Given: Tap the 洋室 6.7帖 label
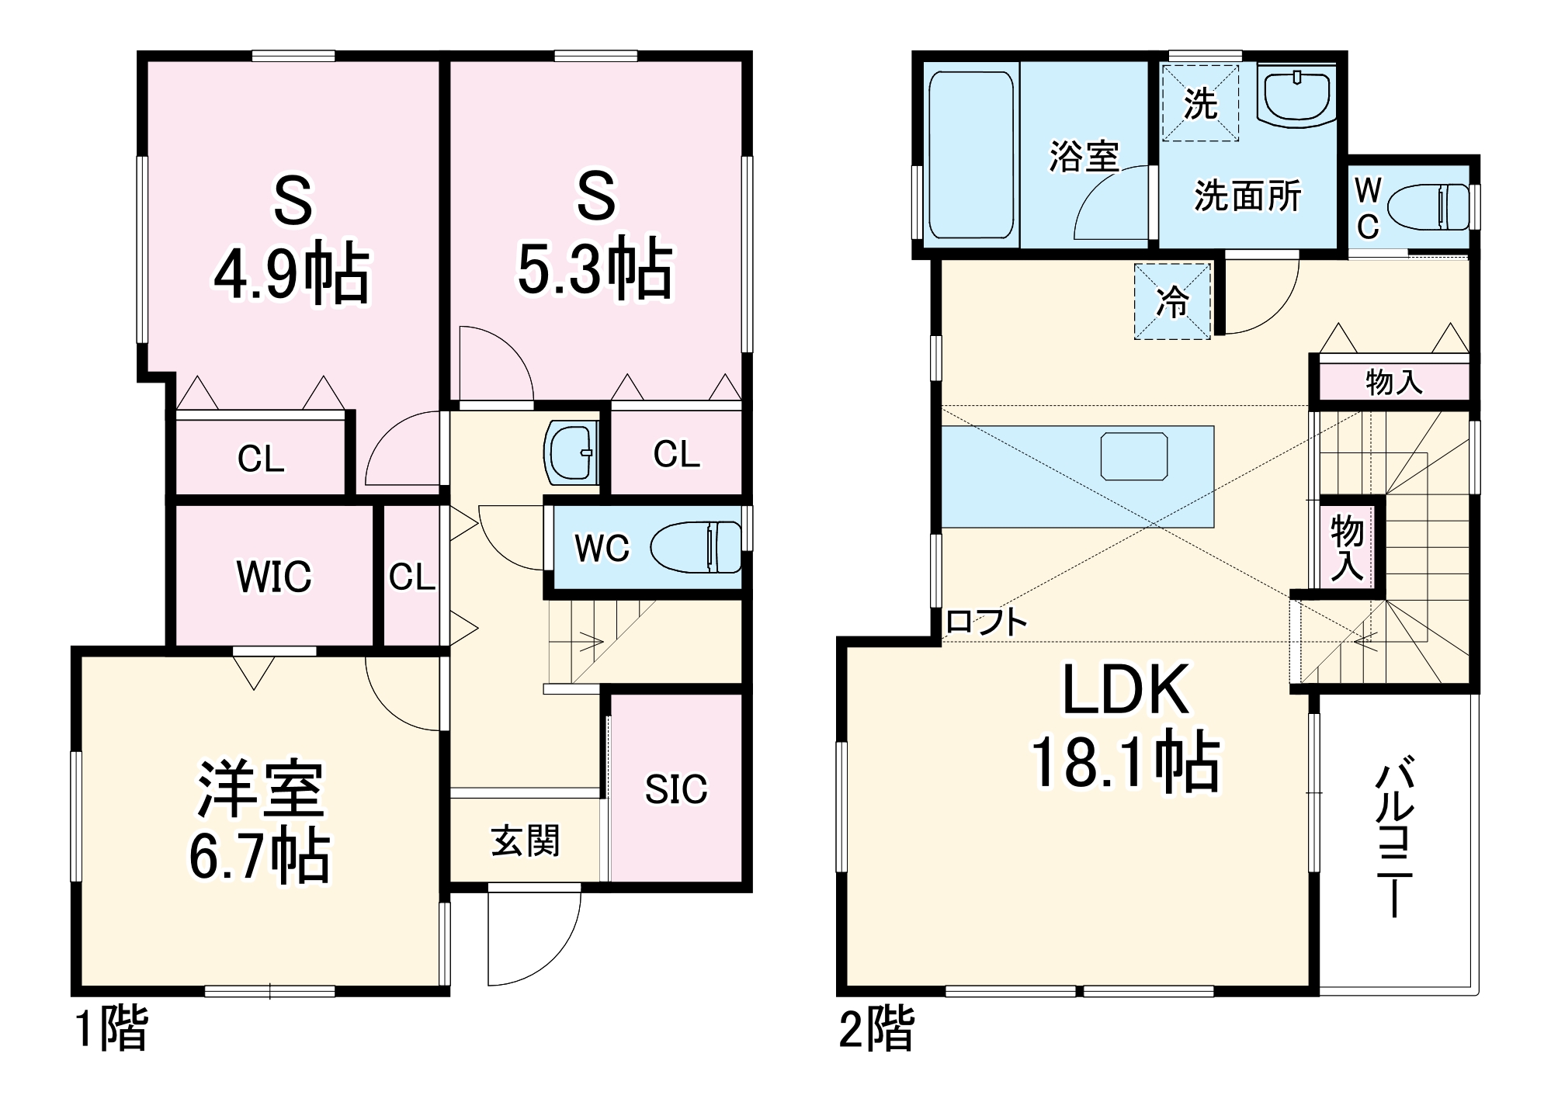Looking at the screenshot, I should point(260,823).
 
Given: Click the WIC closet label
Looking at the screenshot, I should point(273,577).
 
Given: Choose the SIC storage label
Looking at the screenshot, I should point(675,790).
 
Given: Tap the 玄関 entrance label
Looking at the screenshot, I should point(525,841).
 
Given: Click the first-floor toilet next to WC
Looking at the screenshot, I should point(696,547).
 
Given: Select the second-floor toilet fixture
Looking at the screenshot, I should point(1428,207).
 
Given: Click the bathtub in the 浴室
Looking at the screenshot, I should point(971,155).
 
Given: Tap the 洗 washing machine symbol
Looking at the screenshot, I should point(1199,103).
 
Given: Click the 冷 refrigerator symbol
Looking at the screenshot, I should point(1172,302).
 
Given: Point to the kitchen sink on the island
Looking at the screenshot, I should point(1133,456).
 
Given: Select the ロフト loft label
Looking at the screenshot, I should point(987,622).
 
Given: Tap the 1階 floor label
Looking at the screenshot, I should point(111,1028).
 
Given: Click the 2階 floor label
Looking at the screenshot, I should point(876,1028).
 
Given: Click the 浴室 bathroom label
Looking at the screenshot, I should point(1084,156).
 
